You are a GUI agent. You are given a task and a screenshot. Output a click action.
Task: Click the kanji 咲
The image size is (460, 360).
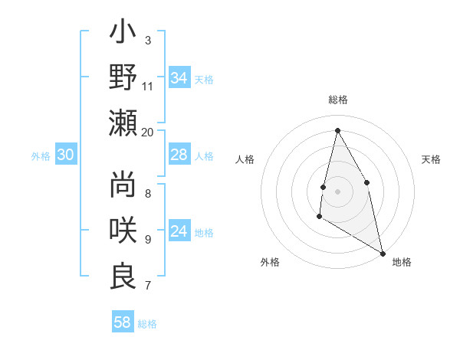[x=123, y=231]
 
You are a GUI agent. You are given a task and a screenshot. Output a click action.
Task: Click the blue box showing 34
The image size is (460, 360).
[x=179, y=78]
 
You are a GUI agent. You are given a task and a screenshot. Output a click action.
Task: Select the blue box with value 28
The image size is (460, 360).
[x=179, y=155]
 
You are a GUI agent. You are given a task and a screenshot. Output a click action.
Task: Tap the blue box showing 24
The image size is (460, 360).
[x=179, y=231]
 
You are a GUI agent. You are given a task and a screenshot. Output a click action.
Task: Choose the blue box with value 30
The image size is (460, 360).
[x=66, y=155]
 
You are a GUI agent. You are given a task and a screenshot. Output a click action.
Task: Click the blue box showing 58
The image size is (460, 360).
[x=123, y=322]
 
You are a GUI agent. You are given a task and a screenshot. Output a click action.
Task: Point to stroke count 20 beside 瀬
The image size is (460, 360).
[x=148, y=132]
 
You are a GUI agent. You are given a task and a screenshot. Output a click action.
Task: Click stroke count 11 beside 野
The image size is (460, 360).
[x=148, y=86]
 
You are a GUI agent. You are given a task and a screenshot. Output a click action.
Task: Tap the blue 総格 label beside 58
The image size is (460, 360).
[x=147, y=324]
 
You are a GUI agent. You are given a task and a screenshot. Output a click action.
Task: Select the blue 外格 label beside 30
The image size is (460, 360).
[x=41, y=156]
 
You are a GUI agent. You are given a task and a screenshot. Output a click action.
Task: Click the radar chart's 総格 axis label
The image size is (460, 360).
[x=337, y=100]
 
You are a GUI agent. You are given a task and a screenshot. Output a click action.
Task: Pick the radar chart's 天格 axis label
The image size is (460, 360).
[x=431, y=159]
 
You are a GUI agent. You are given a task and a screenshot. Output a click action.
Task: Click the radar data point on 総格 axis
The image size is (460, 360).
[x=337, y=130]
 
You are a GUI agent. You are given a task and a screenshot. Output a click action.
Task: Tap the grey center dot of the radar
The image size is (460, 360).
[x=337, y=191]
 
